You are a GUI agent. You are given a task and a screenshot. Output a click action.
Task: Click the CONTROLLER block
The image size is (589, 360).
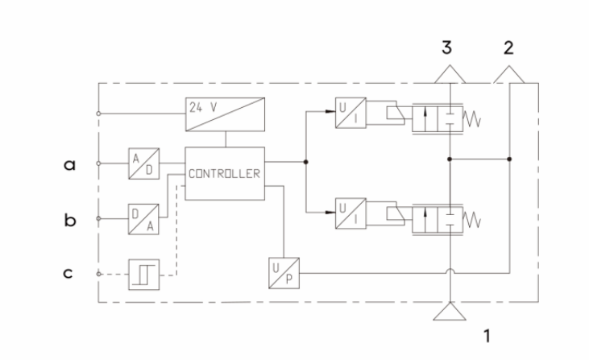tap(225, 172)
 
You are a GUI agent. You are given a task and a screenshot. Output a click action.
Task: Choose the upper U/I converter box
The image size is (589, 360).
tap(350, 110)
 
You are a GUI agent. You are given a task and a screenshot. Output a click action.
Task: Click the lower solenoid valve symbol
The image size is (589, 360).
tap(434, 218)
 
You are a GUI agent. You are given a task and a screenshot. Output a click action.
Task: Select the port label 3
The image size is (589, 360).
tap(447, 48)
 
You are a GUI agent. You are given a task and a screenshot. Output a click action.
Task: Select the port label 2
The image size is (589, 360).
tap(508, 48)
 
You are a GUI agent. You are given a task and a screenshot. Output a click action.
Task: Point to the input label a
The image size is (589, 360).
tap(70, 163)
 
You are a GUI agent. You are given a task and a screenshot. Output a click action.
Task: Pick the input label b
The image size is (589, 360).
tap(70, 217)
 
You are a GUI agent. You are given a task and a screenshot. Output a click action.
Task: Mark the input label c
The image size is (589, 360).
tap(70, 273)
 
